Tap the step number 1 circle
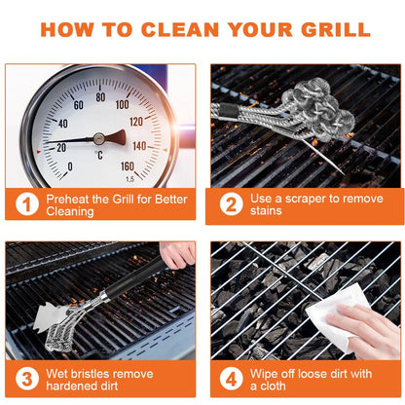tap(27, 203)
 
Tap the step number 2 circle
tap(231, 203)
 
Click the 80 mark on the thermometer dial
tap(99, 98)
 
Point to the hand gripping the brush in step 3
tap(178, 254)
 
